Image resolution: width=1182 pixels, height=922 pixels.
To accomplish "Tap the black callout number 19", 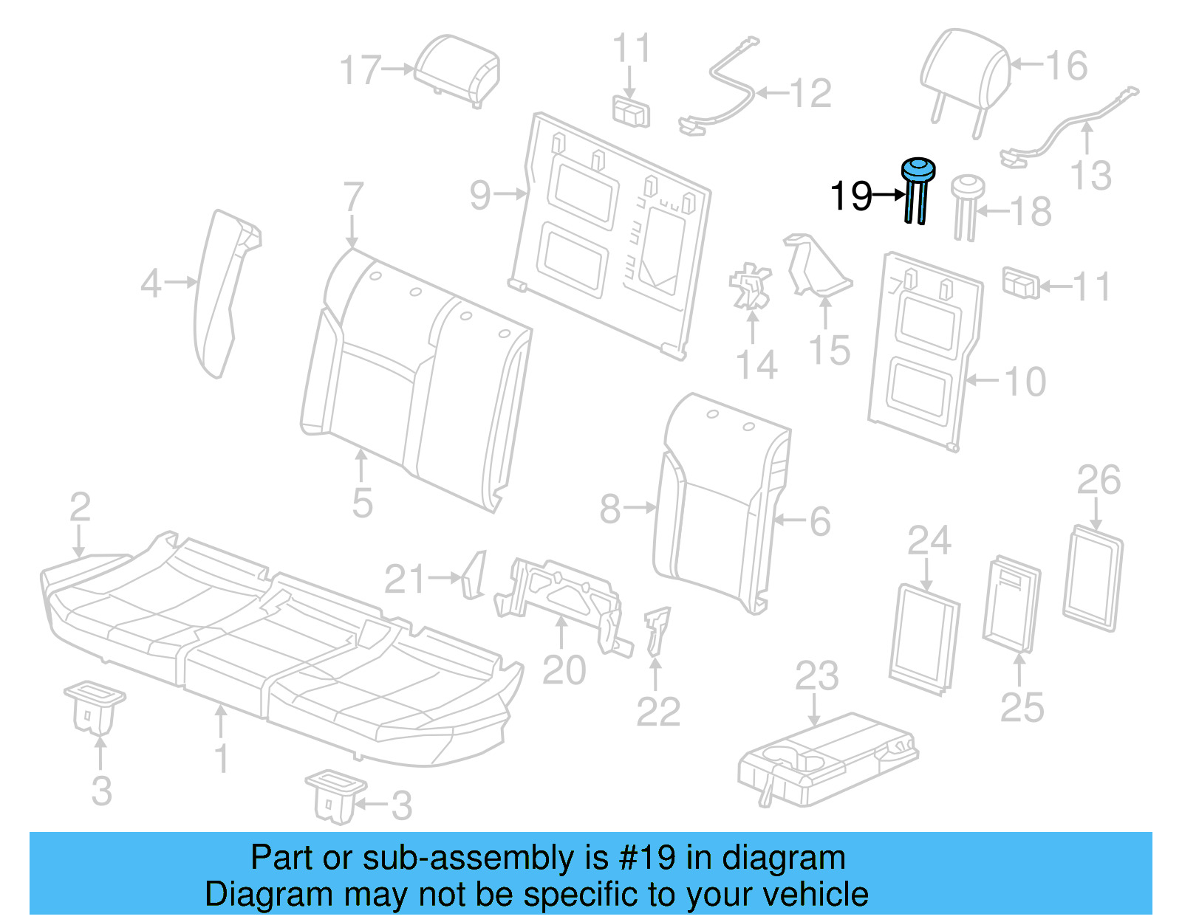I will (x=851, y=196).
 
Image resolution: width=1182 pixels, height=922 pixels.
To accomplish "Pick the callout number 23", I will (x=816, y=676).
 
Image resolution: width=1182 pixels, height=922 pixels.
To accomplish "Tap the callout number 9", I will (x=480, y=196).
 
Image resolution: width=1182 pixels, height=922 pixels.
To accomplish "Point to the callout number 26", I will (x=1099, y=481).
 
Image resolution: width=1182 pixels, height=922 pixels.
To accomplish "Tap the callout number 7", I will (x=353, y=198).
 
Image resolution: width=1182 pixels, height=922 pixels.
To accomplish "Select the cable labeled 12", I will (x=720, y=96).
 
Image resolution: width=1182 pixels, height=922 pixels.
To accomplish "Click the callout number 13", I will (x=1090, y=176).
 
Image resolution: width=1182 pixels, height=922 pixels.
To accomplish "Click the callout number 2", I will (x=80, y=508).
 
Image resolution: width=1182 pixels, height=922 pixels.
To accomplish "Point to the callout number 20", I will (x=564, y=670).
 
